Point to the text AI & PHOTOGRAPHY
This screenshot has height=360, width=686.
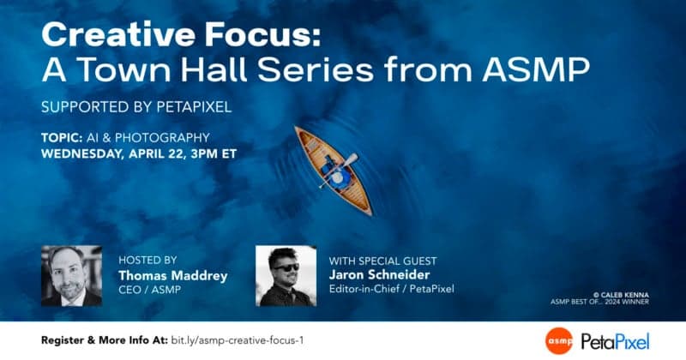pos(149,138)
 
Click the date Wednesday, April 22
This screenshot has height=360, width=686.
pos(124,155)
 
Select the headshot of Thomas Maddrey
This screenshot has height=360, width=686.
pos(71,276)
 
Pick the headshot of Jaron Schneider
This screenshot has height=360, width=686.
pos(286,276)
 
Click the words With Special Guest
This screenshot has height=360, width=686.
pos(382,260)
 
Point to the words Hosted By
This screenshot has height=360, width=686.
pos(147,260)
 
